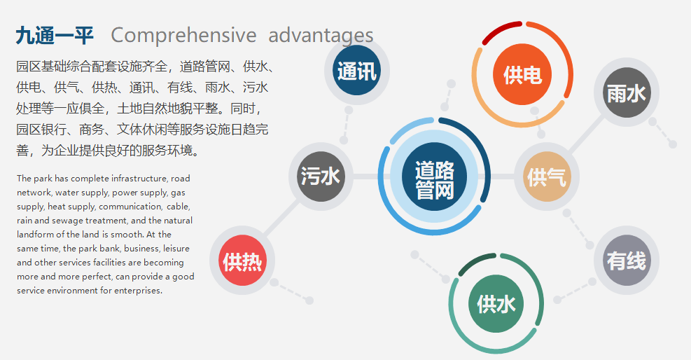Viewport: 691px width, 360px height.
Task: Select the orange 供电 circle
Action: pyautogui.click(x=522, y=74)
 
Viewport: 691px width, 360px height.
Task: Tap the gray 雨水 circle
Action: pyautogui.click(x=626, y=92)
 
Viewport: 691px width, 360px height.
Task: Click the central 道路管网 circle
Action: pyautogui.click(x=434, y=179)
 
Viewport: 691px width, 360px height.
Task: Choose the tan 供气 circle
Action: pyautogui.click(x=547, y=176)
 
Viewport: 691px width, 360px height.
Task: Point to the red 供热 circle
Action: pyautogui.click(x=242, y=261)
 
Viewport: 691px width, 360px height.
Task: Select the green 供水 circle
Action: pyautogui.click(x=496, y=303)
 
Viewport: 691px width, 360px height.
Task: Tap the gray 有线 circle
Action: pyautogui.click(x=626, y=261)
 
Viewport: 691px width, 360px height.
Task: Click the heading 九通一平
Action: pyautogui.click(x=54, y=36)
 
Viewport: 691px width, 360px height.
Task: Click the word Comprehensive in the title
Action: pyautogui.click(x=183, y=35)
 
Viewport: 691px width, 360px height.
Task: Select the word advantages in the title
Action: pyautogui.click(x=321, y=35)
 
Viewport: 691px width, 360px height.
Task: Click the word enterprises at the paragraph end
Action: pyautogui.click(x=139, y=291)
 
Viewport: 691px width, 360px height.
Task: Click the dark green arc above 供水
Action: pyautogui.click(x=476, y=261)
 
